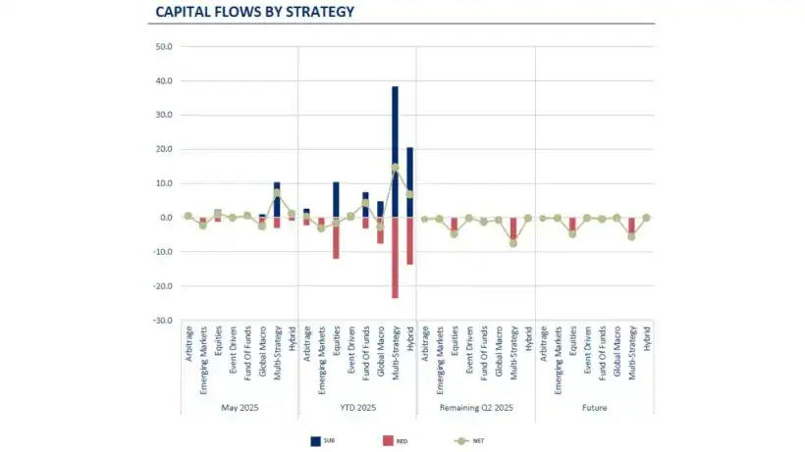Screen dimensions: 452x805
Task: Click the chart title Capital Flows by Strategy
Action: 254,13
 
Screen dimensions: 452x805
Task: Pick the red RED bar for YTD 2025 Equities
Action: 336,238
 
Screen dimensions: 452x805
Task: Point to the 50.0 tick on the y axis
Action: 164,46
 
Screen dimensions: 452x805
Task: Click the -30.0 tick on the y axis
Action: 163,321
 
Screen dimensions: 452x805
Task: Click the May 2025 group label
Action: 240,407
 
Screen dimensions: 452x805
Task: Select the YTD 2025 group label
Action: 357,407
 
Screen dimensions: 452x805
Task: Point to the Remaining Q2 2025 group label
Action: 476,407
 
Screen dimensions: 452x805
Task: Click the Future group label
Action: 595,407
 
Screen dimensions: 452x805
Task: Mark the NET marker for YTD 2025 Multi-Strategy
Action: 395,168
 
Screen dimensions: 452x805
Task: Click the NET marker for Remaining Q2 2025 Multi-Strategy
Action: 513,243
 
